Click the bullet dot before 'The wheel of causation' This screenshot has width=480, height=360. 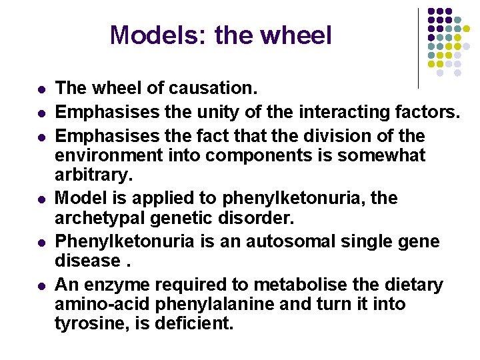click(x=41, y=89)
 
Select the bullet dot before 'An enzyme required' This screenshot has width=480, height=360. click(x=41, y=286)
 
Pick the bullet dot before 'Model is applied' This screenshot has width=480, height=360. click(x=41, y=199)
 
